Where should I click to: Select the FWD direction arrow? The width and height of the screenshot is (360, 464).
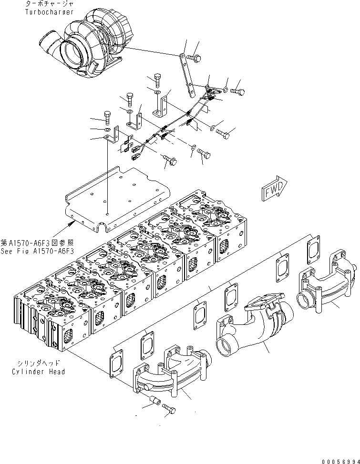coord(275,188)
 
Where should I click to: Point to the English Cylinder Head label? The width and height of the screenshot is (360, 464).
coord(38,372)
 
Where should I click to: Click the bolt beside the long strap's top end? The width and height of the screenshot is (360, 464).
coord(196,58)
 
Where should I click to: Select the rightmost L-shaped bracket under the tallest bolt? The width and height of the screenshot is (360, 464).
coord(160,107)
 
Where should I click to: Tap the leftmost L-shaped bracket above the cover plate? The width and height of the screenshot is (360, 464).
coord(111,140)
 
